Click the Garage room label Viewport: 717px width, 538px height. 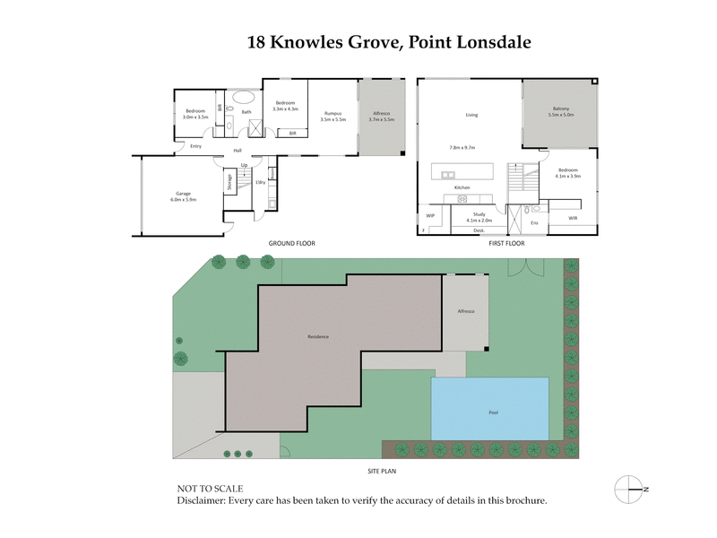click(x=183, y=194)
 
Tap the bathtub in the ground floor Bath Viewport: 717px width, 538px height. click(x=242, y=98)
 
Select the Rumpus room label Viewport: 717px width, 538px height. click(x=332, y=113)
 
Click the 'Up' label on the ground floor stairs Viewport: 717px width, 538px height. click(x=244, y=165)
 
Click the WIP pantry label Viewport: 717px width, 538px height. click(x=430, y=215)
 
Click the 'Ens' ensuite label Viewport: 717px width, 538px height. click(x=534, y=222)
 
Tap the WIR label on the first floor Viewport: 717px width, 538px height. click(x=573, y=218)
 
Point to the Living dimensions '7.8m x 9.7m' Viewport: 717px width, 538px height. click(x=462, y=147)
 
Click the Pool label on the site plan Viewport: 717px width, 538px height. click(x=493, y=412)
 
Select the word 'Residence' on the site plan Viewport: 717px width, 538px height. click(x=318, y=337)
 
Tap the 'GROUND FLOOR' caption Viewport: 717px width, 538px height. click(x=292, y=244)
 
